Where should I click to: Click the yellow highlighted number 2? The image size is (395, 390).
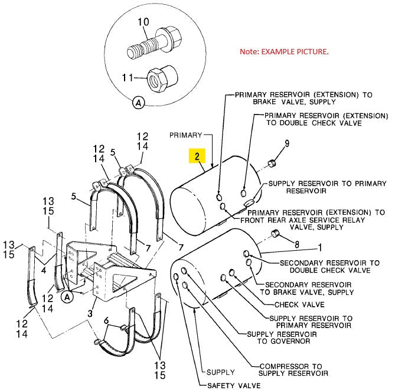(x=197, y=156)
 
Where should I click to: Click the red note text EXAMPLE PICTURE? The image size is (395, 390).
(x=283, y=52)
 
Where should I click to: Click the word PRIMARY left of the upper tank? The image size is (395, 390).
(x=186, y=135)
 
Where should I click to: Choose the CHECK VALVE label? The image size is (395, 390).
(x=299, y=304)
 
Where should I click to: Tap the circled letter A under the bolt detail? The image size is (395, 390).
(x=138, y=103)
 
